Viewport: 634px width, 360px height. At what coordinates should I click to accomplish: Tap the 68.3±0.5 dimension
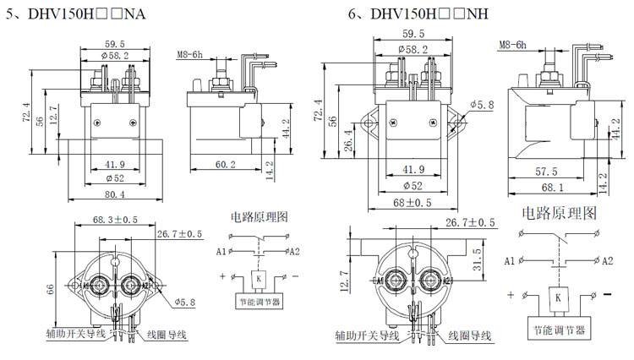point(115,220)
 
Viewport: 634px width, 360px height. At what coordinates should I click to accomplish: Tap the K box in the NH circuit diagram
point(558,297)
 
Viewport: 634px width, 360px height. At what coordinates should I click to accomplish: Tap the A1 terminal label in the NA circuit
point(221,251)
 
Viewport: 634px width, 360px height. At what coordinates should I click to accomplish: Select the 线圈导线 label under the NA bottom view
point(166,335)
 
